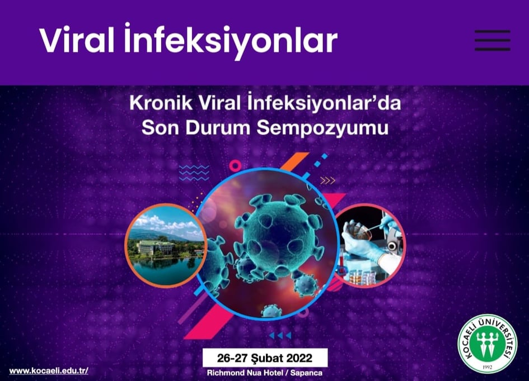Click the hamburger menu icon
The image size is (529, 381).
pyautogui.click(x=492, y=40)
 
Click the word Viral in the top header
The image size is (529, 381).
pyautogui.click(x=77, y=40)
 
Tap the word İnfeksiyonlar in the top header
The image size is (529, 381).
pyautogui.click(x=231, y=42)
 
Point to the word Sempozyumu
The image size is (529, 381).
pyautogui.click(x=322, y=128)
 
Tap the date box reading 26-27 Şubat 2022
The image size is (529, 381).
pyautogui.click(x=265, y=358)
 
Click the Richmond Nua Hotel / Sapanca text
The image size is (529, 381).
pyautogui.click(x=264, y=373)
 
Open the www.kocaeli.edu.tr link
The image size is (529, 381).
pyautogui.click(x=49, y=371)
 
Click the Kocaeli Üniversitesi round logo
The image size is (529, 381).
pyautogui.click(x=487, y=344)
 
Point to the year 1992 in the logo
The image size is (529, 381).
pyautogui.click(x=487, y=367)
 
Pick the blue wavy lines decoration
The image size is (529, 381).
pyautogui.click(x=194, y=173)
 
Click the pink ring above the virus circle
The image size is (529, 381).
pyautogui.click(x=235, y=165)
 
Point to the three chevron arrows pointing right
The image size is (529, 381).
pyautogui.click(x=327, y=181)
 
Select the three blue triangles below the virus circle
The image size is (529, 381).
pyautogui.click(x=280, y=335)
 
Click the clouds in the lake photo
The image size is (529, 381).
pyautogui.click(x=165, y=223)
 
